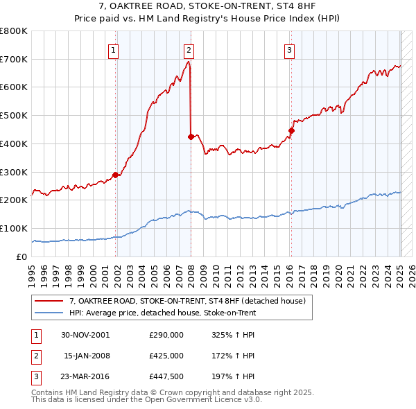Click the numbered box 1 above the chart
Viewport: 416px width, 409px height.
coord(113,49)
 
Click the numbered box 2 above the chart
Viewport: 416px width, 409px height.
coord(189,49)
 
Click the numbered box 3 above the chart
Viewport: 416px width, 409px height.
coord(289,49)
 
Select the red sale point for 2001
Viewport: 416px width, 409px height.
coord(116,175)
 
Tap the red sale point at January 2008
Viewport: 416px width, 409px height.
coord(191,137)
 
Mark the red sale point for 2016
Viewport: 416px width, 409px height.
coord(291,130)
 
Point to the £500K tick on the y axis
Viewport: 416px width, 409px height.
coord(15,115)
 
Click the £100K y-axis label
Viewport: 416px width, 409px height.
coord(15,228)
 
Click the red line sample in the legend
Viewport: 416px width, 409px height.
coord(50,301)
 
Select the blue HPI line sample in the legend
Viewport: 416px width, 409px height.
coord(50,313)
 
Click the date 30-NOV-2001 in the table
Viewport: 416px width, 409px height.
coord(85,334)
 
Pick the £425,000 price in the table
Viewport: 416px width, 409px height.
coord(166,356)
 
